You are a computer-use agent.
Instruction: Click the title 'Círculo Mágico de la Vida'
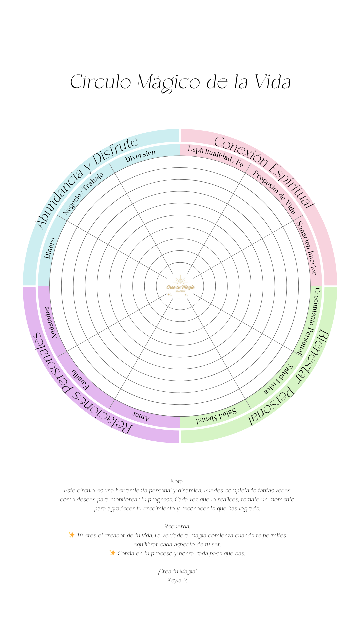[180, 82]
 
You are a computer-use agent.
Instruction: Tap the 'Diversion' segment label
[140, 156]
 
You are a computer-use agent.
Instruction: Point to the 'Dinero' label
[50, 248]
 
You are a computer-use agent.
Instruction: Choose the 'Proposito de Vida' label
[274, 192]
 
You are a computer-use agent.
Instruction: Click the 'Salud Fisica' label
[278, 379]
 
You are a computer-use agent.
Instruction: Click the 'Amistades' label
[50, 322]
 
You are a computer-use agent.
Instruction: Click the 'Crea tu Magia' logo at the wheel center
[180, 286]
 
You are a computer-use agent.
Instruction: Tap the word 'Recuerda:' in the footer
[177, 526]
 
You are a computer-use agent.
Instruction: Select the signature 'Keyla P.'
[177, 580]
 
